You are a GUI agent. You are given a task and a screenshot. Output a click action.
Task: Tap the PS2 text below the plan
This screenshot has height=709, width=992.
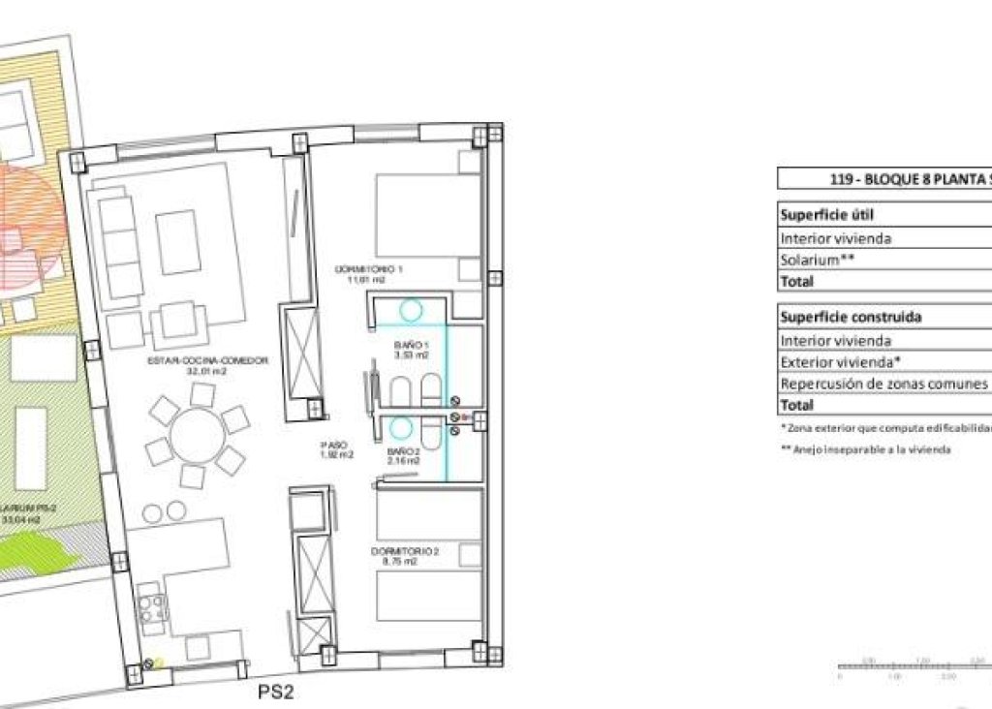[275, 692]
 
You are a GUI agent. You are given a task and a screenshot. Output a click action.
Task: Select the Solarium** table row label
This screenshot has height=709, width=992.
[818, 261]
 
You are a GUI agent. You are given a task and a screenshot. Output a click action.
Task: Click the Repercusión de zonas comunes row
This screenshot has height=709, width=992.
[883, 384]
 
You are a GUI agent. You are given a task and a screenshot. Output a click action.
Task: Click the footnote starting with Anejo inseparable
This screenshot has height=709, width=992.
[865, 449]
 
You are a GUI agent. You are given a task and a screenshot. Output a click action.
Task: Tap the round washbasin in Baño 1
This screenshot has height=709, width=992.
[411, 311]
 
